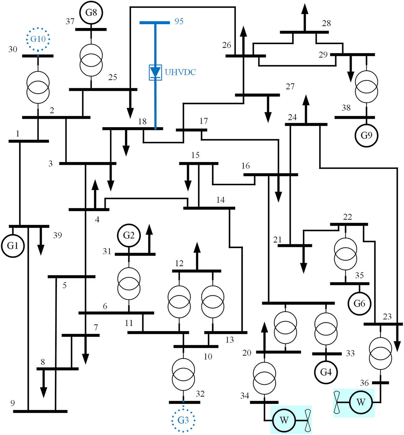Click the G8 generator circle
click(x=91, y=13)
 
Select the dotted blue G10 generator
click(x=38, y=39)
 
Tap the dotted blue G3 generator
click(x=183, y=420)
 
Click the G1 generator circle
click(x=13, y=246)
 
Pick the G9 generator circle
click(x=366, y=135)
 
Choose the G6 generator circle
click(x=359, y=303)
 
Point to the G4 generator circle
click(x=326, y=372)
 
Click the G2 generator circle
click(x=129, y=235)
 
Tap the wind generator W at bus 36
click(x=361, y=402)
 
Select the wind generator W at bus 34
click(x=284, y=420)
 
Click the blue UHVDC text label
click(x=180, y=72)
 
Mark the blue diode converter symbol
click(x=155, y=73)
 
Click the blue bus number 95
click(x=179, y=21)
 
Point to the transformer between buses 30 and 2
click(x=38, y=87)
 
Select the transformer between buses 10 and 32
click(x=183, y=374)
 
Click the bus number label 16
click(x=246, y=166)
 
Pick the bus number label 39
click(x=57, y=235)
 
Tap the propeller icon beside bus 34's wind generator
click(x=307, y=420)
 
